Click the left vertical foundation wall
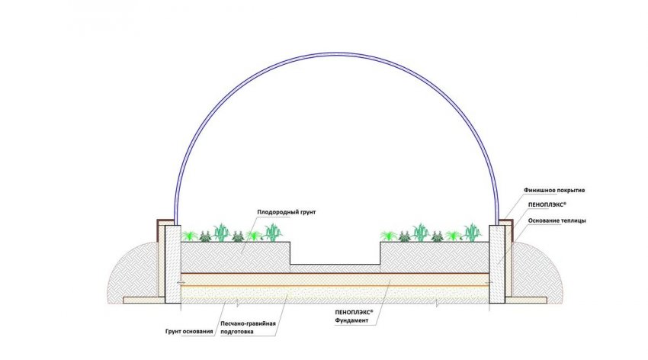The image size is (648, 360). pos(172,263)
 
